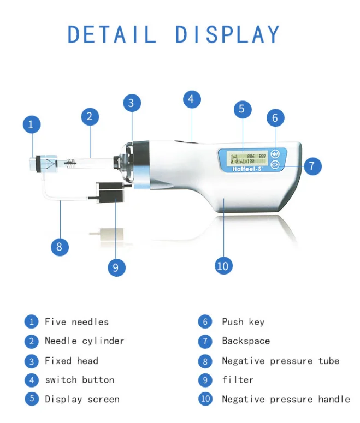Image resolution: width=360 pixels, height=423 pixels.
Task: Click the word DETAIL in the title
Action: pos(112,34)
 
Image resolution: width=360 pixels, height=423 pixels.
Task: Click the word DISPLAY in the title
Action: pos(228,34)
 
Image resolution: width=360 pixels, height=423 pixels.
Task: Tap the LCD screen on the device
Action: pos(248,158)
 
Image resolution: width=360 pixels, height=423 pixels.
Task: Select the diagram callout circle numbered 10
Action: pos(222,266)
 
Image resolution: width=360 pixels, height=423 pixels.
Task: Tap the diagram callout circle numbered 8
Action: pos(60,247)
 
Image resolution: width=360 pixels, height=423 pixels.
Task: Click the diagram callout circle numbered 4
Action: pos(191,99)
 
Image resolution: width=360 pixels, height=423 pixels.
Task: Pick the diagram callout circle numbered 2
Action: pos(90,116)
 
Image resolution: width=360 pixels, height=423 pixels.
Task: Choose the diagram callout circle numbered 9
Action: pos(115,267)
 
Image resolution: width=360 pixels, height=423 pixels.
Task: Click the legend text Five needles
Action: pos(76,322)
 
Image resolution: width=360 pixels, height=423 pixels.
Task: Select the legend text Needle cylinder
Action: pos(84,341)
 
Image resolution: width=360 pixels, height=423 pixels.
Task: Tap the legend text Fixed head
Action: pos(72,361)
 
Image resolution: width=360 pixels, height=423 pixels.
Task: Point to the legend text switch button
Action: pos(79,380)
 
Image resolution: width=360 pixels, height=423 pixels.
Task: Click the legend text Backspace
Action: pos(246,341)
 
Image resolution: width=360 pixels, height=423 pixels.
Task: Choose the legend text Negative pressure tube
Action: pos(280,361)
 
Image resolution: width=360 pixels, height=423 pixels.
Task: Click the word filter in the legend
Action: pos(238,380)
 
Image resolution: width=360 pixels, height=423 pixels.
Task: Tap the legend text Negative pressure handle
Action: pos(286,399)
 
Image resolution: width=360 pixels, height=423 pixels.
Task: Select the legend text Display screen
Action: pos(82,399)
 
